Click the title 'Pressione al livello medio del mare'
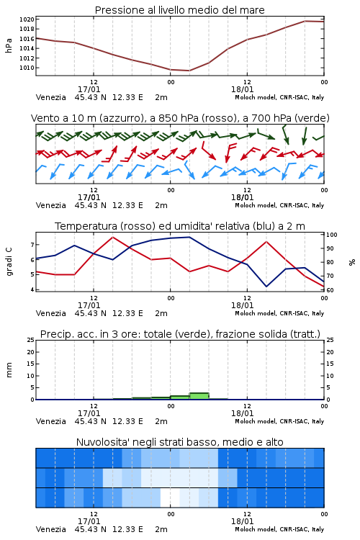(180, 10)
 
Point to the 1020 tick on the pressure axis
(27, 19)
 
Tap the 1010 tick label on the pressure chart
(27, 68)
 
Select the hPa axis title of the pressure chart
(9, 45)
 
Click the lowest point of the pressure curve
(189, 71)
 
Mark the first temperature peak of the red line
(113, 237)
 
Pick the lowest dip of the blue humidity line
(266, 287)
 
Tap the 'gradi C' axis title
(9, 261)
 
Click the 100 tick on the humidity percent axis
(332, 235)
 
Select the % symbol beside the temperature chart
(352, 262)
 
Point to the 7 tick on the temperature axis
(32, 245)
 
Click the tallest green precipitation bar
(199, 396)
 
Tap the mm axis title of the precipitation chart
(9, 370)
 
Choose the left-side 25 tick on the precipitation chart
(31, 340)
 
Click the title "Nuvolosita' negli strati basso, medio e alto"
(180, 442)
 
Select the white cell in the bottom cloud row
(170, 498)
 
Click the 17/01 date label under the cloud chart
(89, 521)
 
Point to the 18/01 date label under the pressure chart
(242, 89)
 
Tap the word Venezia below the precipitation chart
(50, 421)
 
